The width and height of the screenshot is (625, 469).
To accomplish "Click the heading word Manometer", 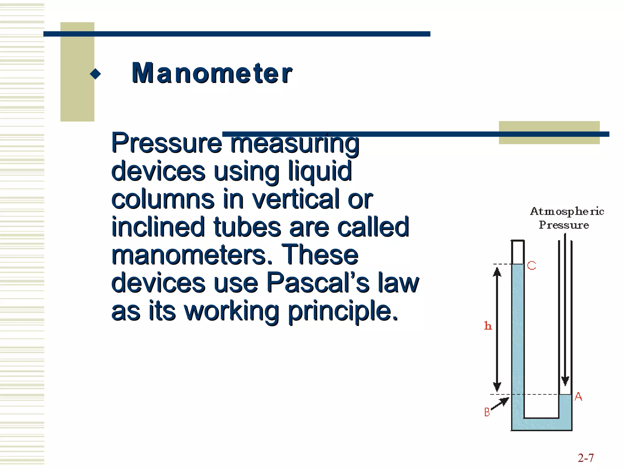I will click(212, 73).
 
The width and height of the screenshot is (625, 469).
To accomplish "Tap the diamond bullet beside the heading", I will click(96, 74).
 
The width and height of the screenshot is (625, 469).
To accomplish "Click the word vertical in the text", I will click(296, 199).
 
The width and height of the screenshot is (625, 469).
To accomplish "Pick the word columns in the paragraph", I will click(163, 199).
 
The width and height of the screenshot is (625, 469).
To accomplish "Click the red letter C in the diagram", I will click(532, 265).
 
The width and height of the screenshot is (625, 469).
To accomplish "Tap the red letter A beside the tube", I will click(578, 397).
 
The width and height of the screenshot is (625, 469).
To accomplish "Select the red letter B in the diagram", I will click(487, 412).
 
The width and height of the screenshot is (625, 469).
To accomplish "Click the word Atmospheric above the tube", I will click(567, 211).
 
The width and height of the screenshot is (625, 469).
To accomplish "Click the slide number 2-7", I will click(586, 458).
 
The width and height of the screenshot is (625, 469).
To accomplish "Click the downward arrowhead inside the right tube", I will click(565, 381).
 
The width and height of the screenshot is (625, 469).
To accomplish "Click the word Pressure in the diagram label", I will click(564, 225).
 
